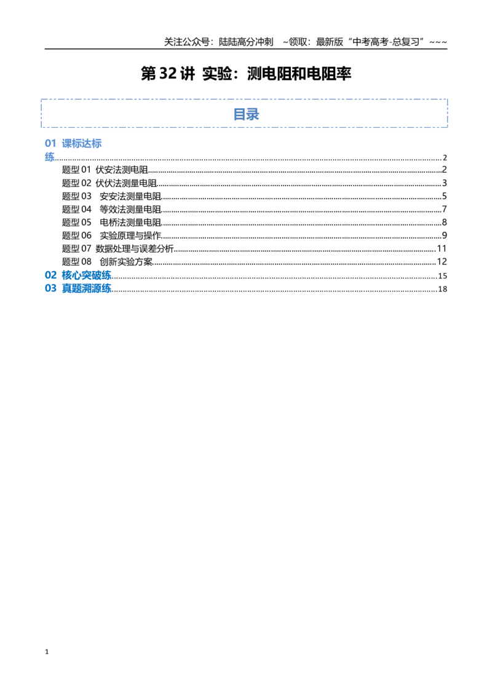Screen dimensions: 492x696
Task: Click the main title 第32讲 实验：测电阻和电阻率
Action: (x=246, y=74)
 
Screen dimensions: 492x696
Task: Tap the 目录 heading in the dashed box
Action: (x=246, y=114)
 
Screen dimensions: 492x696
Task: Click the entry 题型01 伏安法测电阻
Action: (x=105, y=170)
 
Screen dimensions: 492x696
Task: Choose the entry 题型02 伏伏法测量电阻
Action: (x=109, y=183)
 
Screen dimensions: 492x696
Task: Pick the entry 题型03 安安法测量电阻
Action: (x=111, y=196)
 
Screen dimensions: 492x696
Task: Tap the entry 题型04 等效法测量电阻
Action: (x=111, y=209)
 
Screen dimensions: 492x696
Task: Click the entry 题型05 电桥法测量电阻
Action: (x=111, y=223)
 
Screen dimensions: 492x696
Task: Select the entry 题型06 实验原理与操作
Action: (x=111, y=235)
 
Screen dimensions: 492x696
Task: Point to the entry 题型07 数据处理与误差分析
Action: (x=117, y=248)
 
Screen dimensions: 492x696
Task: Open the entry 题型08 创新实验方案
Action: (x=108, y=262)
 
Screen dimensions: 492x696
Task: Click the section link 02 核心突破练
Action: (x=78, y=275)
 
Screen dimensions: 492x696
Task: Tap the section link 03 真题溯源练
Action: (x=78, y=288)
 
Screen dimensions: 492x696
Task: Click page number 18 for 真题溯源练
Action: (x=442, y=289)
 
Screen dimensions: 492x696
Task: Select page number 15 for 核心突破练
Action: (x=442, y=275)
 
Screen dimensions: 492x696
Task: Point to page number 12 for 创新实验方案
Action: (x=442, y=262)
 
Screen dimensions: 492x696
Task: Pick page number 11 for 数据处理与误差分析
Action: (x=442, y=248)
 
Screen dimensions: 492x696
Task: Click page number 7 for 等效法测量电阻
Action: (x=445, y=209)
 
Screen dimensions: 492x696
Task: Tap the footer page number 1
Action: (x=47, y=652)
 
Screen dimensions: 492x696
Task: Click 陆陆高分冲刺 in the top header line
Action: (x=246, y=42)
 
